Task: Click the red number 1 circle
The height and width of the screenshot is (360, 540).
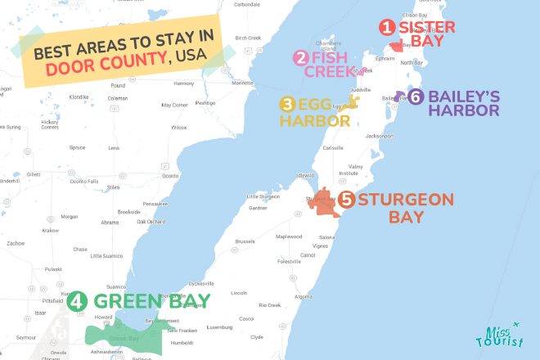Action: [x=386, y=27]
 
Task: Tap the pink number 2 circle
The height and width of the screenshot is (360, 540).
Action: [x=301, y=57]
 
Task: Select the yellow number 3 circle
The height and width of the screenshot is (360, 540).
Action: [x=287, y=104]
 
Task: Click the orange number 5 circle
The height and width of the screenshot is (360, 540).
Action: [x=347, y=199]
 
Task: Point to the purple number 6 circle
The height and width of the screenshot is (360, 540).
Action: [x=416, y=96]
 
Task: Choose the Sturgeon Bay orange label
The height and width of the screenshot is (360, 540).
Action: [x=390, y=207]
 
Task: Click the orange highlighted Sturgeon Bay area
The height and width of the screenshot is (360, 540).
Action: [x=324, y=203]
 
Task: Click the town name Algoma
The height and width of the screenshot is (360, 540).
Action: [x=303, y=296]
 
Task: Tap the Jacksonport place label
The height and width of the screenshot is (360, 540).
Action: [x=380, y=135]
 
